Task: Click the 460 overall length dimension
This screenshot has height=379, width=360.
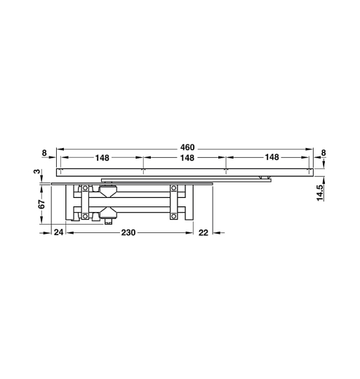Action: click(186, 148)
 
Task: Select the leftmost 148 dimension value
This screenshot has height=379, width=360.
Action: click(102, 158)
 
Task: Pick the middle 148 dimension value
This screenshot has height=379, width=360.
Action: click(186, 158)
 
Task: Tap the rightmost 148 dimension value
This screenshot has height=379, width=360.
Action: click(272, 158)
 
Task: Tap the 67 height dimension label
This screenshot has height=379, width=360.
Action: click(41, 204)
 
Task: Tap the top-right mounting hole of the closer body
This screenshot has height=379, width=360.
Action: click(173, 188)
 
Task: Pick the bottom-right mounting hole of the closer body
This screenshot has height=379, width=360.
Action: click(173, 217)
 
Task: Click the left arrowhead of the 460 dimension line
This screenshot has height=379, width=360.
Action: click(59, 149)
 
